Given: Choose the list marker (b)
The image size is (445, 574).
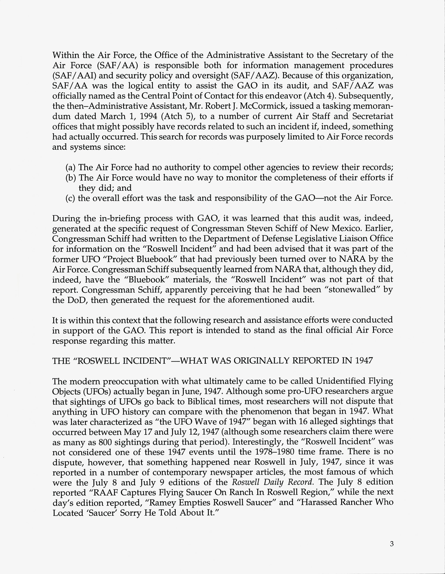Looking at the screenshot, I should point(71,178).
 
